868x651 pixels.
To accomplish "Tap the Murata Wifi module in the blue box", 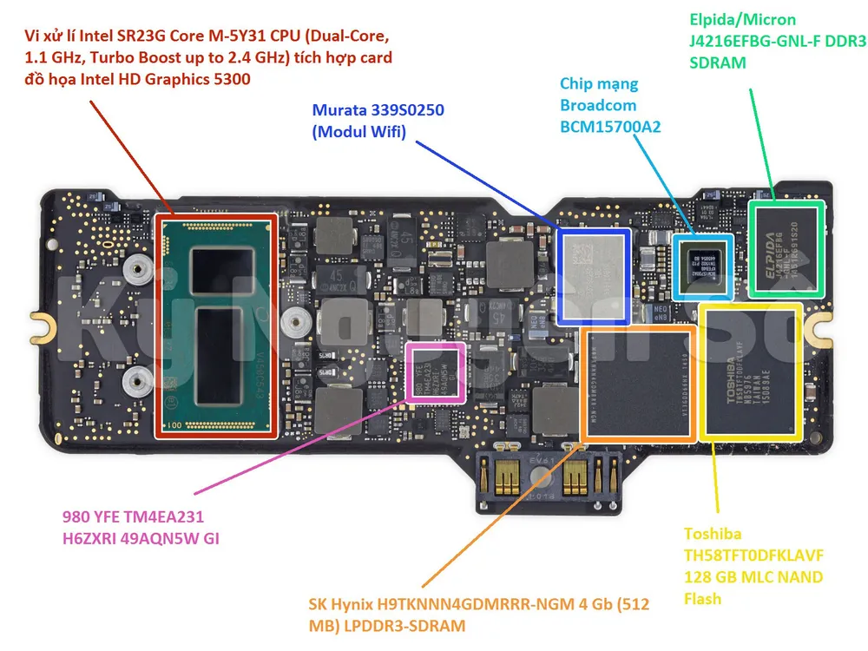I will pyautogui.click(x=594, y=275).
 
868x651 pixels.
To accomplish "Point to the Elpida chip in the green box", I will pyautogui.click(x=786, y=249).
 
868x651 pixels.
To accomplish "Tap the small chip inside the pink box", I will pyautogui.click(x=436, y=372).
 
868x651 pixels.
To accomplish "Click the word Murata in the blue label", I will pyautogui.click(x=339, y=111).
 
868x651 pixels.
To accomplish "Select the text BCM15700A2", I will pyautogui.click(x=609, y=126).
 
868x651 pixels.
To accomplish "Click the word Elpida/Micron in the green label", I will pyautogui.click(x=742, y=19).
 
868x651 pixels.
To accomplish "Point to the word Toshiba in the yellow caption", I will pyautogui.click(x=712, y=534).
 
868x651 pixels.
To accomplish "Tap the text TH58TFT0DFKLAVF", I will pyautogui.click(x=753, y=556).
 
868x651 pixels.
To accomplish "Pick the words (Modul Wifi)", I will pyautogui.click(x=358, y=132).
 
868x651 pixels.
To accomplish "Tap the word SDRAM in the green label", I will pyautogui.click(x=717, y=62).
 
